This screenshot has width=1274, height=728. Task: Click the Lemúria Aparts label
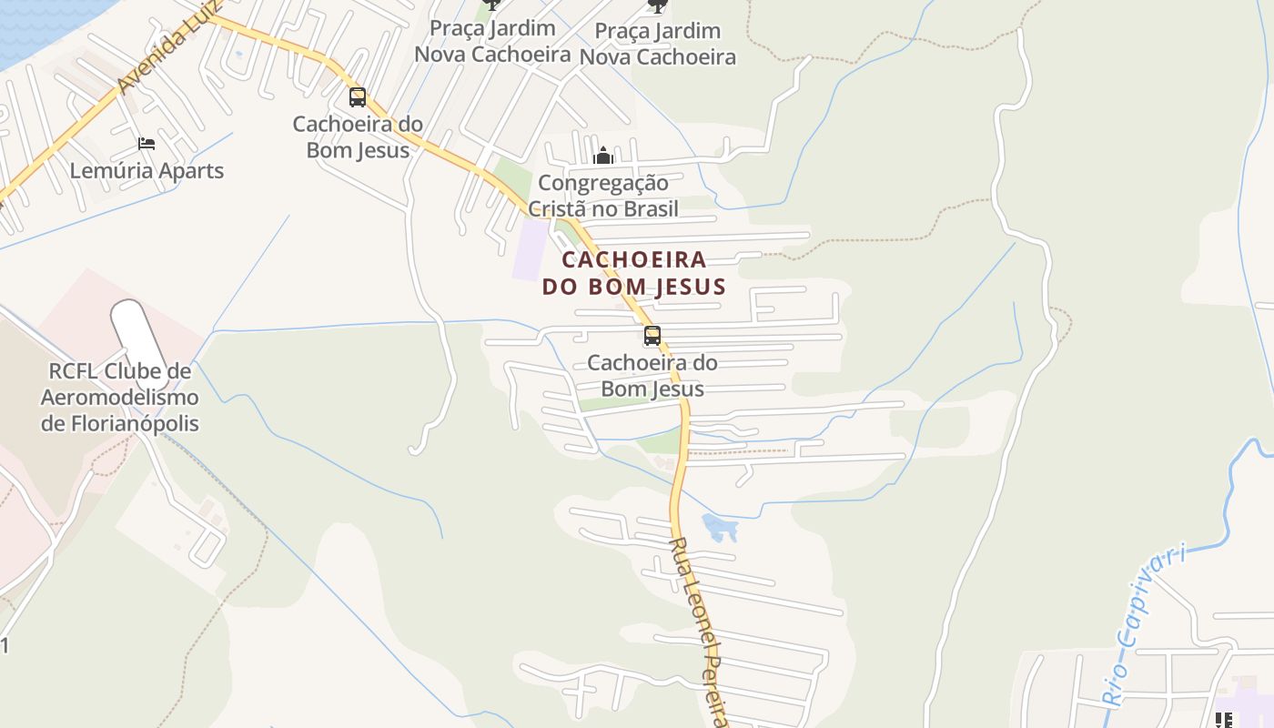pyautogui.click(x=147, y=170)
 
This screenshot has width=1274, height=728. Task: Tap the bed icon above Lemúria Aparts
pyautogui.click(x=147, y=144)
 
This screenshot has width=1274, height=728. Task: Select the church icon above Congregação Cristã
pyautogui.click(x=602, y=157)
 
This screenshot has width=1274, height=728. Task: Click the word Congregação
pyautogui.click(x=602, y=183)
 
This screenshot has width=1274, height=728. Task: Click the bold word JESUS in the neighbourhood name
pyautogui.click(x=683, y=288)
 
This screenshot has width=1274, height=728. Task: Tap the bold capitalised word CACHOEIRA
pyautogui.click(x=633, y=259)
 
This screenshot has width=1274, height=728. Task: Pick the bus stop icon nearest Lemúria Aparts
pyautogui.click(x=358, y=97)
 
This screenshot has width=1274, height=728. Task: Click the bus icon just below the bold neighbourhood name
pyautogui.click(x=652, y=336)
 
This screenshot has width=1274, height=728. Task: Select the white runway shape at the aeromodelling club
pyautogui.click(x=139, y=331)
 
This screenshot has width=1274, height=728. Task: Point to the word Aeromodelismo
pyautogui.click(x=119, y=398)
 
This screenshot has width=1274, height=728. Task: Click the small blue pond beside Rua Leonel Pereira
pyautogui.click(x=718, y=526)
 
